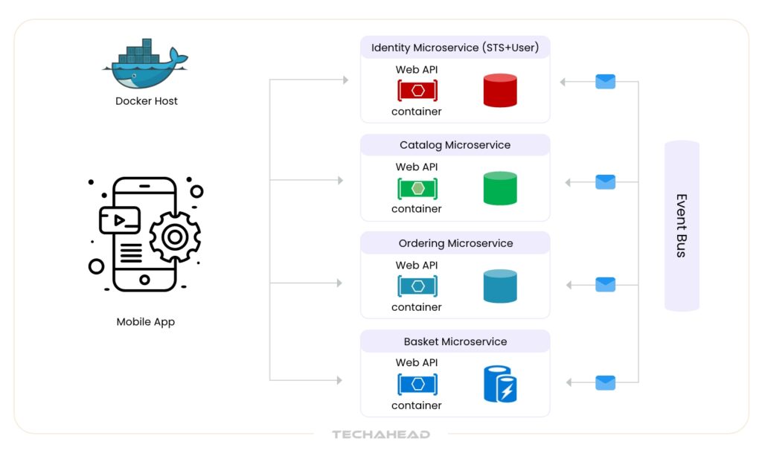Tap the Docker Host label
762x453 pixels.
147,101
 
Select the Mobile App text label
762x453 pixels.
146,322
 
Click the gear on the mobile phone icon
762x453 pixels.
175,237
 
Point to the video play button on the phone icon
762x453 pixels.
120,220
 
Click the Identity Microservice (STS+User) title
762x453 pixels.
455,48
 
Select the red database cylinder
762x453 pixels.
500,90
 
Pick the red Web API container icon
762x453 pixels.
417,91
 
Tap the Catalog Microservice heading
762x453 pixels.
455,145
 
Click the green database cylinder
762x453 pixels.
500,188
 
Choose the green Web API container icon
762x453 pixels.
417,188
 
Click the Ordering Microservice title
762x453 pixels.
455,243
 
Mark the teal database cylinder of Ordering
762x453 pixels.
500,286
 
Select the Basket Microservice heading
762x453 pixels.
455,341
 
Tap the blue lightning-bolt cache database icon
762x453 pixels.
501,384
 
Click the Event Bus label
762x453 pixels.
681,225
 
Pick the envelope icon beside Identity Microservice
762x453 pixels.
605,82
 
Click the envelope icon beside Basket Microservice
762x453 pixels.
605,382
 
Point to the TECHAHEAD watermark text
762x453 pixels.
381,434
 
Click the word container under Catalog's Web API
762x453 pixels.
417,209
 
